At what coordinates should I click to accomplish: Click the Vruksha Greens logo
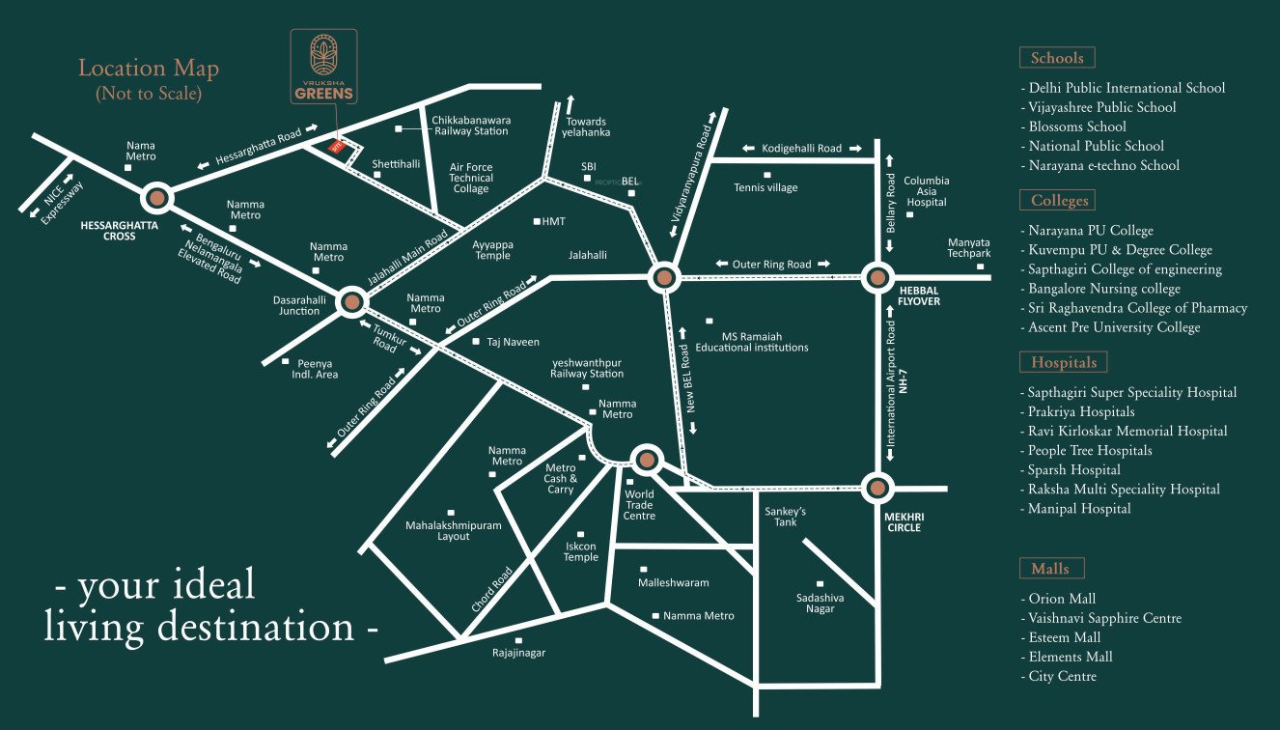coord(323,67)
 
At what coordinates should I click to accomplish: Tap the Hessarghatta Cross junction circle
coord(156,198)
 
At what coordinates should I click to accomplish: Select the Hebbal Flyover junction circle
coord(877,277)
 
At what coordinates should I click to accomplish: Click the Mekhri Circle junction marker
coord(877,488)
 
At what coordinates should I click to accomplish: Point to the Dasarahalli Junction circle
coord(351,302)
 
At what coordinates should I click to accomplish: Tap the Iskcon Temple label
coord(580,551)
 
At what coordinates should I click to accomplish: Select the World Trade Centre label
coord(639,504)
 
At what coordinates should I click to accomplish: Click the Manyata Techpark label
coord(968,247)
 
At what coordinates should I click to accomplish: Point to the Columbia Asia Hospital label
coord(926,191)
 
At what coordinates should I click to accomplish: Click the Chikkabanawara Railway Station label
coord(470,125)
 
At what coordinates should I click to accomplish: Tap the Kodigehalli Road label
coord(801,149)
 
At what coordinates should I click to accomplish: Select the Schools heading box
coord(1057,58)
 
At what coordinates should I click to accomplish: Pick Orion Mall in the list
coord(1062,599)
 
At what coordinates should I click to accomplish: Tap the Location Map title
coord(149,69)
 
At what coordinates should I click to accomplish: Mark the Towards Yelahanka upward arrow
coord(570,103)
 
